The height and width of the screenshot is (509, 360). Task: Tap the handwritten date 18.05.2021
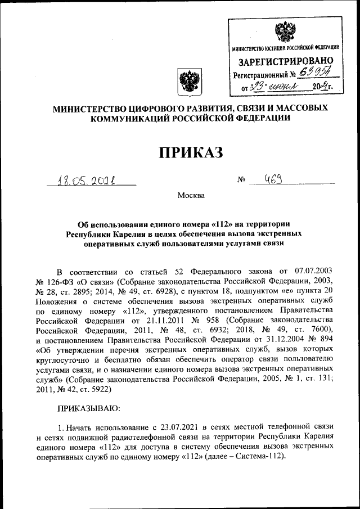(x=90, y=181)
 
